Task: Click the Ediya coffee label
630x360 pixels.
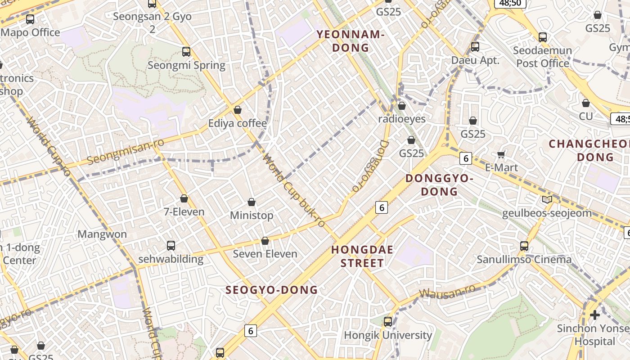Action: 237,123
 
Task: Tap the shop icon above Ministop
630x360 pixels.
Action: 252,202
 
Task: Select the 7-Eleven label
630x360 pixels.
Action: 184,211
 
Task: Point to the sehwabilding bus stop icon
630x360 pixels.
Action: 171,246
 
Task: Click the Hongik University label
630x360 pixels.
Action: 388,335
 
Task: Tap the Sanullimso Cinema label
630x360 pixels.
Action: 524,260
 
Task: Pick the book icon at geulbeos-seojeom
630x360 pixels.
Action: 547,200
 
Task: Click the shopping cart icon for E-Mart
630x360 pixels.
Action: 501,155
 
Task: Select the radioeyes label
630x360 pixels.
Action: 402,119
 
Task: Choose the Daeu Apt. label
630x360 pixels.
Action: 475,60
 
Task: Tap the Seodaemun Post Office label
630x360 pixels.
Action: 543,57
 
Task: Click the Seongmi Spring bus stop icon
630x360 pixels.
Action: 186,52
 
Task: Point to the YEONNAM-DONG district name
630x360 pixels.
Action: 351,41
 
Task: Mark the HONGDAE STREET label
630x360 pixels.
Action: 362,256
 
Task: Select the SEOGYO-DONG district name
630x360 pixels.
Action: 272,290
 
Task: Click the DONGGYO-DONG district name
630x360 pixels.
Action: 439,185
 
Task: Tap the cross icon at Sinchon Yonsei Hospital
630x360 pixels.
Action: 595,315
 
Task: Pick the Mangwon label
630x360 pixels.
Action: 102,234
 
